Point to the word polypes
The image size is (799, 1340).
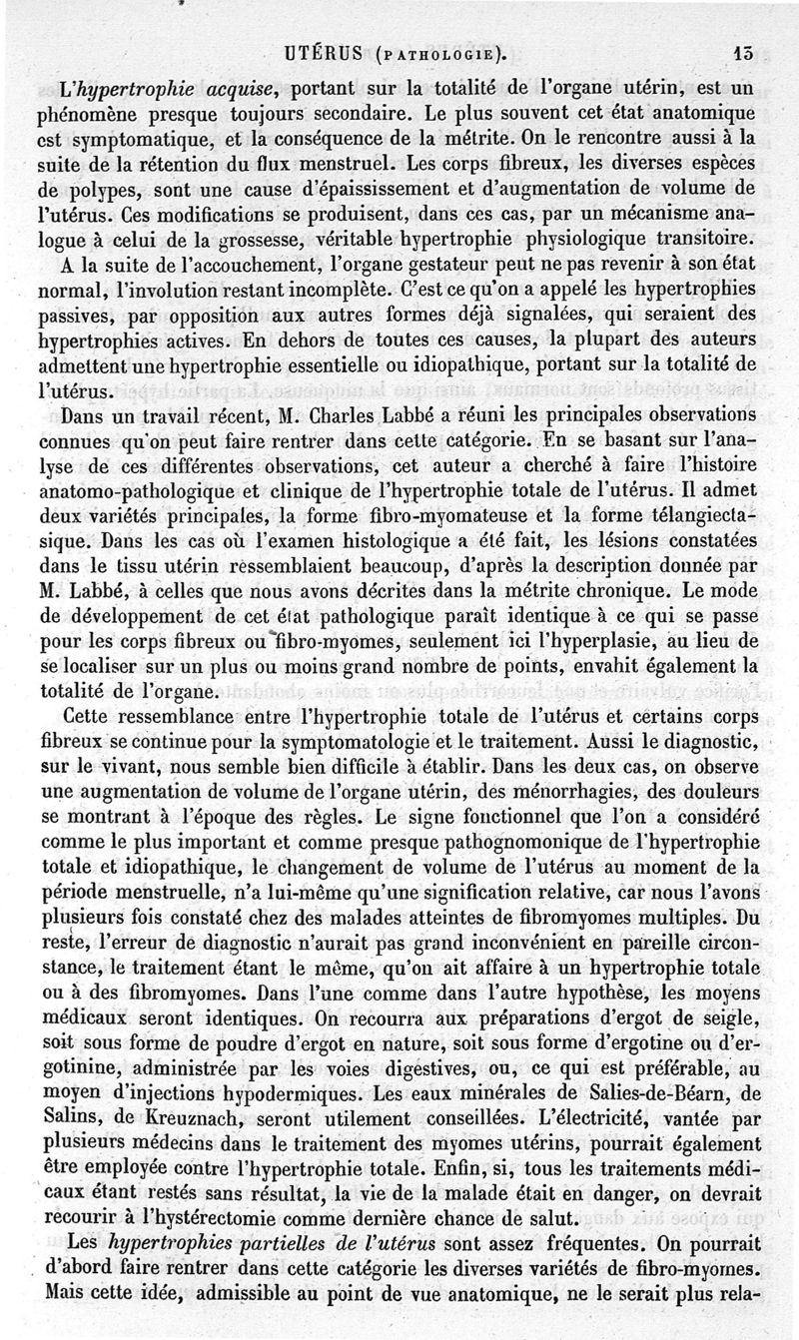tap(110, 191)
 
